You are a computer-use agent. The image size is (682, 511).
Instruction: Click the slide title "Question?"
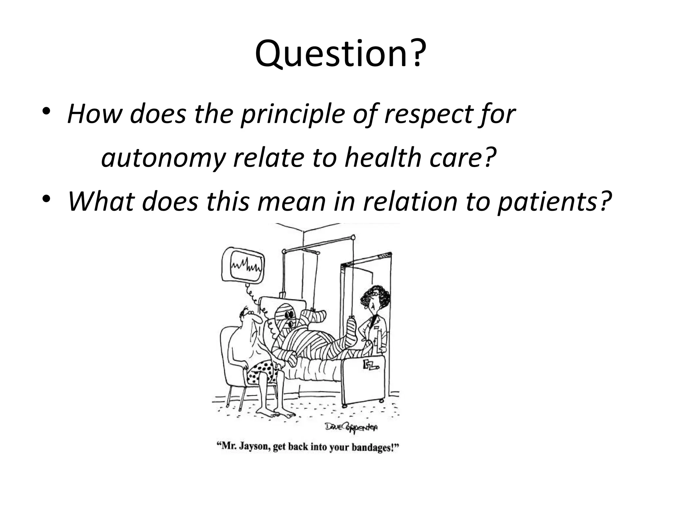tap(340, 53)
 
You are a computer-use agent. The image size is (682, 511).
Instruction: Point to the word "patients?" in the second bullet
tap(554, 201)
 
